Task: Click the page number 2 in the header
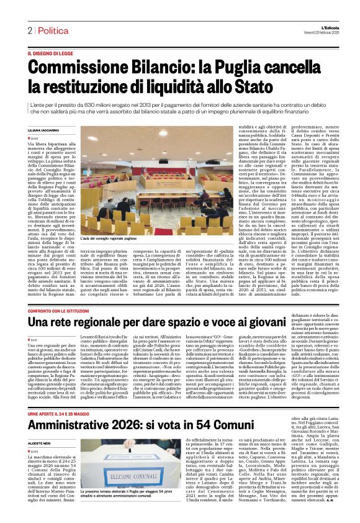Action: [x=29, y=30]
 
